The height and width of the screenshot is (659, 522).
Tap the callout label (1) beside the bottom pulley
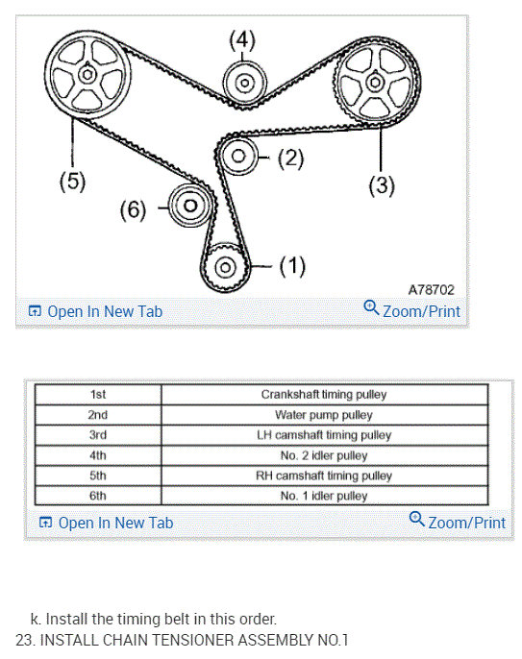pos(292,266)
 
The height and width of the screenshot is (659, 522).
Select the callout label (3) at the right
pos(382,185)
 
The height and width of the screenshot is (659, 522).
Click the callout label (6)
pos(133,208)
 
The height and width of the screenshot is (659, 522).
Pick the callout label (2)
pos(290,158)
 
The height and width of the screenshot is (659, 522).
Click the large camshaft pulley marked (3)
pos(373,83)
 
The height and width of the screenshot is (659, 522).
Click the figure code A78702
pos(431,288)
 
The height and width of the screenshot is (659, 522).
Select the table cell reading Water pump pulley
pos(324,415)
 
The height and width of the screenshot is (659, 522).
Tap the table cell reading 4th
pos(98,455)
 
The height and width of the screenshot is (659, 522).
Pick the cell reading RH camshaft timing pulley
pos(324,476)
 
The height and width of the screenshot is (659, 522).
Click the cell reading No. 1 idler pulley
pos(324,496)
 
